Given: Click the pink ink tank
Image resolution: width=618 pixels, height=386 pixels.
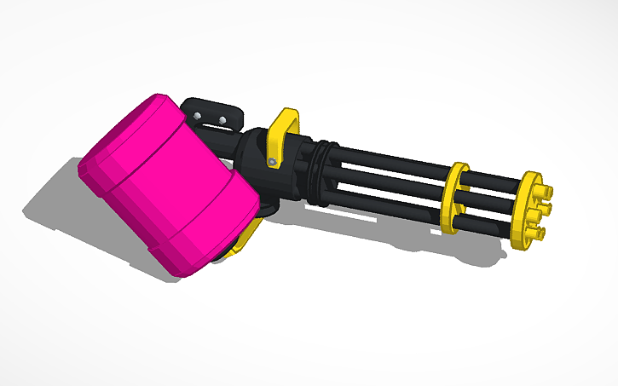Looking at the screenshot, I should point(166,183).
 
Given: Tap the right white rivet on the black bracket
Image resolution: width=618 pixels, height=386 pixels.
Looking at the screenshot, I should point(223,119).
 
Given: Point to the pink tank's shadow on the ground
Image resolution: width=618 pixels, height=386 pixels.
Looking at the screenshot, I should point(60,205).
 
